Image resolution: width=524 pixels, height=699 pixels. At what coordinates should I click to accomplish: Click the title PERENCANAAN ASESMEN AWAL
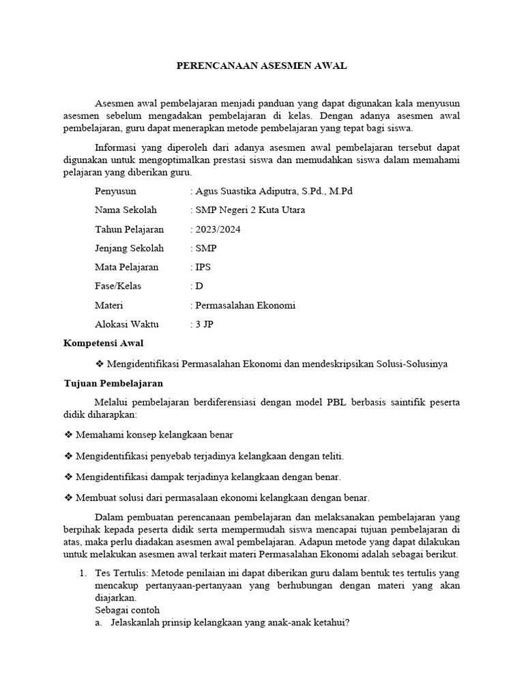[262, 66]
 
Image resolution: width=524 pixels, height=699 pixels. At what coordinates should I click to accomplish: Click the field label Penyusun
[116, 191]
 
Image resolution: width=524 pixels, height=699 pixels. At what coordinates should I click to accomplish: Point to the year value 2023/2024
[218, 229]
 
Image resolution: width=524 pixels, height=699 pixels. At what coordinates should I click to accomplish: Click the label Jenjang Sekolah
[130, 248]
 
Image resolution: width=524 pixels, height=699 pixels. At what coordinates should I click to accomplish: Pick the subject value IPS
[203, 268]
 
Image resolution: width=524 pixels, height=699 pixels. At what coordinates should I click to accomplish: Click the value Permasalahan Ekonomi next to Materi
[246, 306]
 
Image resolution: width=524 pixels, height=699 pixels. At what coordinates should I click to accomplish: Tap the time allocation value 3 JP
[204, 325]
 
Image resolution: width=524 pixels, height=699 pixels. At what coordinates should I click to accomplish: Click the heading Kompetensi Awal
[104, 343]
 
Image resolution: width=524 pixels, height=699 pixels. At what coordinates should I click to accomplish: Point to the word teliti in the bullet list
[332, 455]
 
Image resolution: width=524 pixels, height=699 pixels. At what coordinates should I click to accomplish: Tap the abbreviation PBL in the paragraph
[310, 403]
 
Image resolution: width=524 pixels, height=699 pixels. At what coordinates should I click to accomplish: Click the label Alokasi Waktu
[126, 325]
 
